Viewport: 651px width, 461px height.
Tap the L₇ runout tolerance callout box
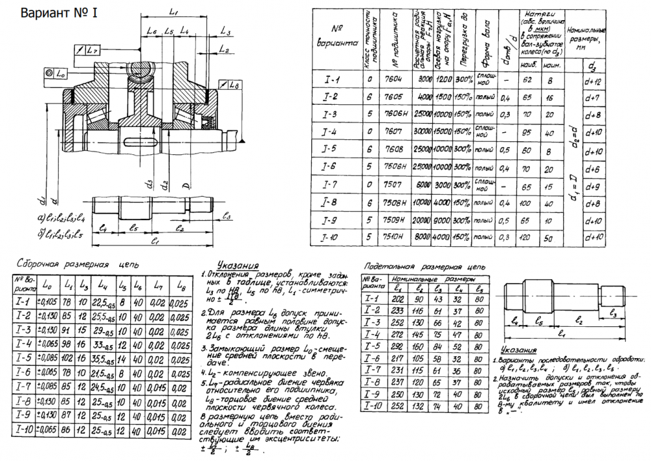coord(87,50)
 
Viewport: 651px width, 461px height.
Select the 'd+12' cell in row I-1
coord(594,81)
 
